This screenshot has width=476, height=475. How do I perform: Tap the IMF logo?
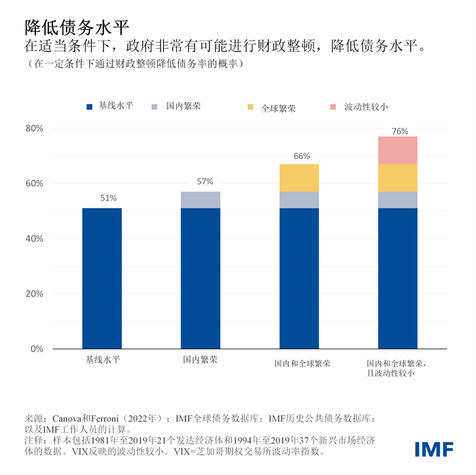(x=435, y=449)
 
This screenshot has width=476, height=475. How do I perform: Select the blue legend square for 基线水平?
(x=89, y=107)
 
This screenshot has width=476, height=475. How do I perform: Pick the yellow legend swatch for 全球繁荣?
(x=251, y=107)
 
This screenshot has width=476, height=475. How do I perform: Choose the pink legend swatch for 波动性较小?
(x=333, y=107)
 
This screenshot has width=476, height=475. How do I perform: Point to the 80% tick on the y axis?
(x=34, y=128)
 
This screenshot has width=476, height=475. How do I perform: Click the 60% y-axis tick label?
(x=34, y=183)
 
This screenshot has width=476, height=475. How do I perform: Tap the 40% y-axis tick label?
(x=34, y=239)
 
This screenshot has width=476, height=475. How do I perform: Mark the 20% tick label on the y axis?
(x=34, y=294)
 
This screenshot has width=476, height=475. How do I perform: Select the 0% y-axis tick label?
(x=36, y=349)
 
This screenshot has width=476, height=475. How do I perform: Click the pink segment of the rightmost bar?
(x=398, y=150)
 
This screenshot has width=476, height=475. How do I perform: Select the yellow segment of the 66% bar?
(x=299, y=177)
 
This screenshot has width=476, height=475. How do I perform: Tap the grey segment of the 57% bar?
(x=201, y=200)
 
